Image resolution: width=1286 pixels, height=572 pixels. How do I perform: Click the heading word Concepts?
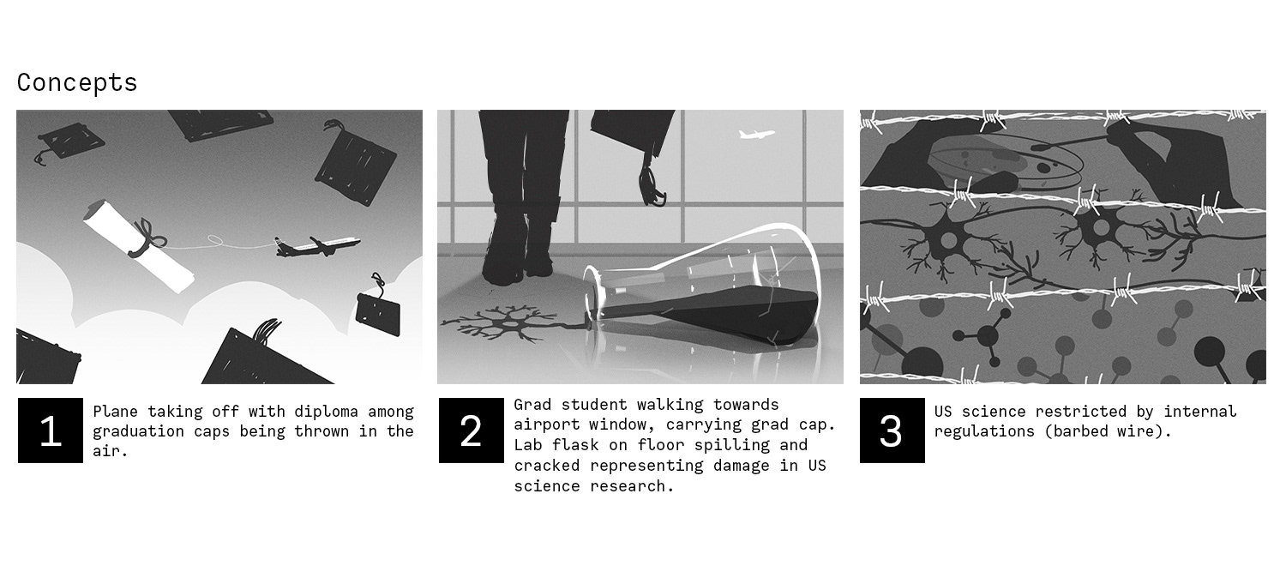click(x=77, y=82)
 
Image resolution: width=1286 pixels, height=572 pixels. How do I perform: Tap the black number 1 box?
click(x=51, y=431)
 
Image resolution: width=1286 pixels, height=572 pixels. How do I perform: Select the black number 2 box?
click(x=472, y=431)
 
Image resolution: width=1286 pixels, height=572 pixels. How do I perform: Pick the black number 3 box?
click(x=892, y=431)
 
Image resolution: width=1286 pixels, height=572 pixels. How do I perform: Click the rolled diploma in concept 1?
click(x=138, y=245)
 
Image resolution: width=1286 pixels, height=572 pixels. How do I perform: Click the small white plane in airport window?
click(x=756, y=135)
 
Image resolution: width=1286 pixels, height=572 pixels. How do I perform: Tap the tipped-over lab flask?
click(x=700, y=287)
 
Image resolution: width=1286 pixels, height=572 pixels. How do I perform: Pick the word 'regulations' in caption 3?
click(x=984, y=432)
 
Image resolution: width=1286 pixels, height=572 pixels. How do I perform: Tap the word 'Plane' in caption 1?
click(x=116, y=412)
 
